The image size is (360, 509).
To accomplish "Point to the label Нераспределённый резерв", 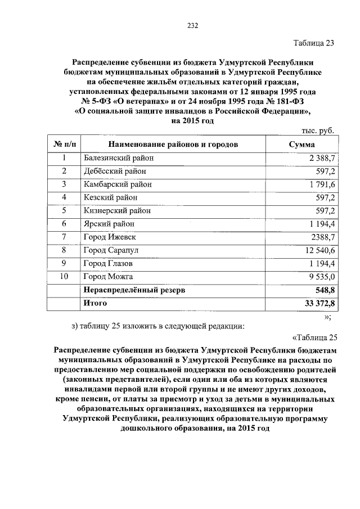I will pyautogui.click(x=134, y=290).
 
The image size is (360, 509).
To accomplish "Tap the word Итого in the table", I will pyautogui.click(x=95, y=304).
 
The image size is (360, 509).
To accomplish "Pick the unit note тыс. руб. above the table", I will pyautogui.click(x=318, y=131).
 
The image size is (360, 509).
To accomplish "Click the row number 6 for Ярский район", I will pyautogui.click(x=64, y=224).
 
